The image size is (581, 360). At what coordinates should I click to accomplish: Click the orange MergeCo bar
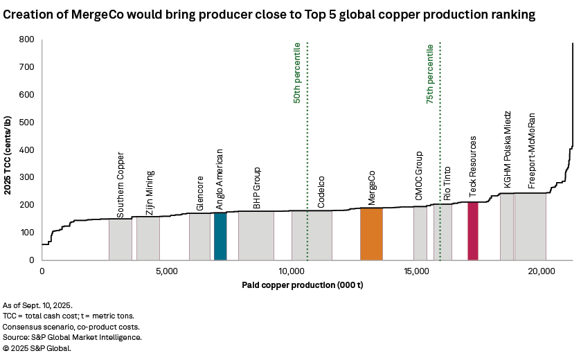pos(371,234)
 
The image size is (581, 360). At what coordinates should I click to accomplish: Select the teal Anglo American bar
pos(220,236)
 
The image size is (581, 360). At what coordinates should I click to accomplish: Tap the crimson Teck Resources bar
pos(473,231)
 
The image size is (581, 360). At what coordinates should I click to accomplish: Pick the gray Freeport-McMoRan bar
pos(530,226)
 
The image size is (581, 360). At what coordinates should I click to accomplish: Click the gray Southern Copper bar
pos(120,240)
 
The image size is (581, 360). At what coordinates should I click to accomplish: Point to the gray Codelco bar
pos(312,235)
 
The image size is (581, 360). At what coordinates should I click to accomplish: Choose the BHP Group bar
pos(256,236)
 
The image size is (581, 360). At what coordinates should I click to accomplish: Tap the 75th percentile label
pos(430,75)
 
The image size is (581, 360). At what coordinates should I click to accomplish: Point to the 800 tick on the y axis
pos(27,39)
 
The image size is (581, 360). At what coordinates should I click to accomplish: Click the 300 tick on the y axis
pos(27,178)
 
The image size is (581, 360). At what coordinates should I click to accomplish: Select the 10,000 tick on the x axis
pos(292,272)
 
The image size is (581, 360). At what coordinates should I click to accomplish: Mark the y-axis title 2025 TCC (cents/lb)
pos(10,150)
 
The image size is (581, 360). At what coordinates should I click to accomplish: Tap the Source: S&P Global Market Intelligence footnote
pos(73,337)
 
